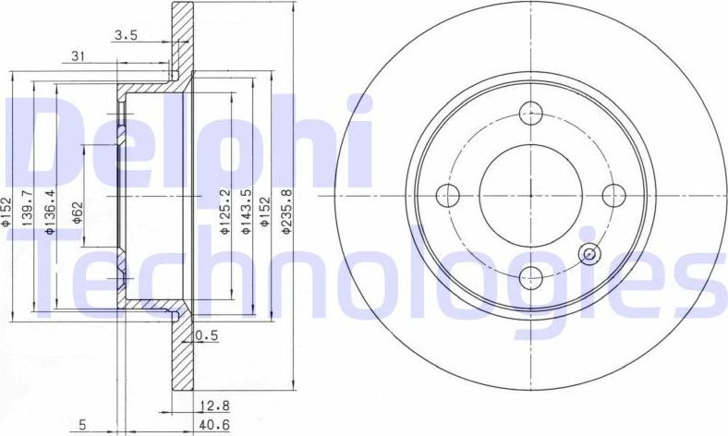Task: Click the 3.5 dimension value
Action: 126,36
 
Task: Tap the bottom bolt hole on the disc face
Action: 530,275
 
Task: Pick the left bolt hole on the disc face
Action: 449,195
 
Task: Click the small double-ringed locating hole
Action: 588,255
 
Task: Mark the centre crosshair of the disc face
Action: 530,195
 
